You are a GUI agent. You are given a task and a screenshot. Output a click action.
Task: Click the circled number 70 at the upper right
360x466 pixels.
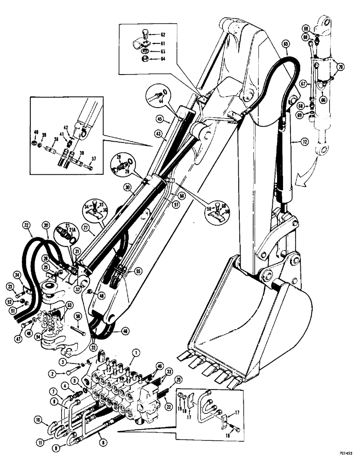tap(341, 67)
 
